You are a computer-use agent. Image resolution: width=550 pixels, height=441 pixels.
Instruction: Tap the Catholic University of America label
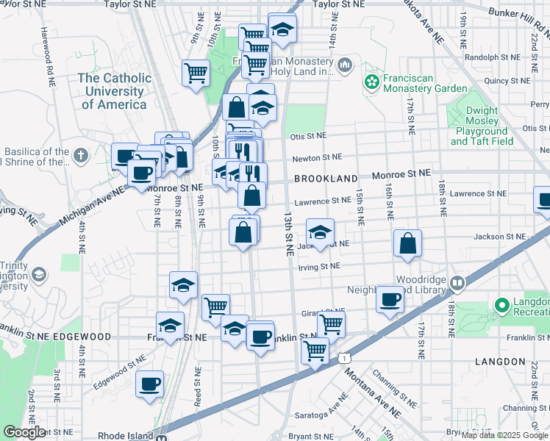point(115,90)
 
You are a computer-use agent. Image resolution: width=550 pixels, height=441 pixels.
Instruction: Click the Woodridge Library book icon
point(457,282)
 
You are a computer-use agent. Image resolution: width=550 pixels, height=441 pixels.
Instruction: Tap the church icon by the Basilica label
point(80,156)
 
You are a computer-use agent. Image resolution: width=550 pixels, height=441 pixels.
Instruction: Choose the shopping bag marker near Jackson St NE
point(407,243)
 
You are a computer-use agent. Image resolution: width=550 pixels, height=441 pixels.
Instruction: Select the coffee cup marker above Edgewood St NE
point(150,384)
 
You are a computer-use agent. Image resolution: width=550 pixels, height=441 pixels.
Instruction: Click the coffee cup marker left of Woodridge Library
point(390,298)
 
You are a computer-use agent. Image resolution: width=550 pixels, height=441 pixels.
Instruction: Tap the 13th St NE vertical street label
point(288,232)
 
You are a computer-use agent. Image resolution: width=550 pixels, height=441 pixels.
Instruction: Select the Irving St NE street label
point(319,266)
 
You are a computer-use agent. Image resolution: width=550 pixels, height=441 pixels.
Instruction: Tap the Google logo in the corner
point(25,432)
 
